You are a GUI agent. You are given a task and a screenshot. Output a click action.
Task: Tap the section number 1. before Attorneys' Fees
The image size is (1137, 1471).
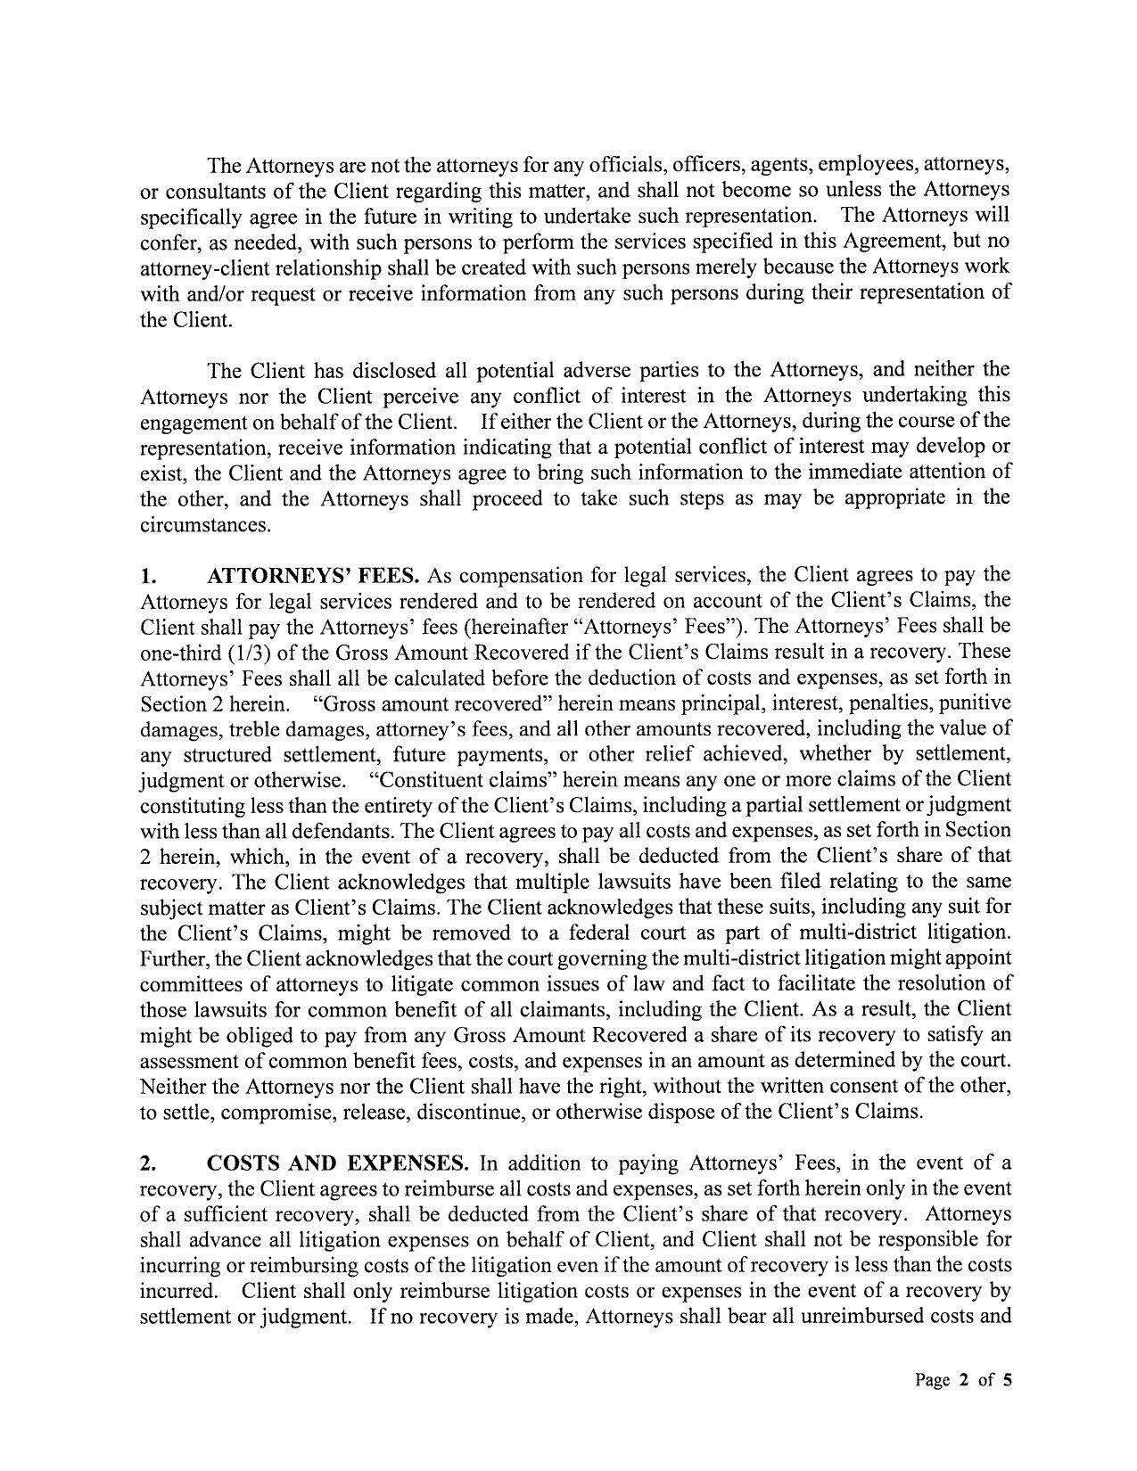click(147, 575)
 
